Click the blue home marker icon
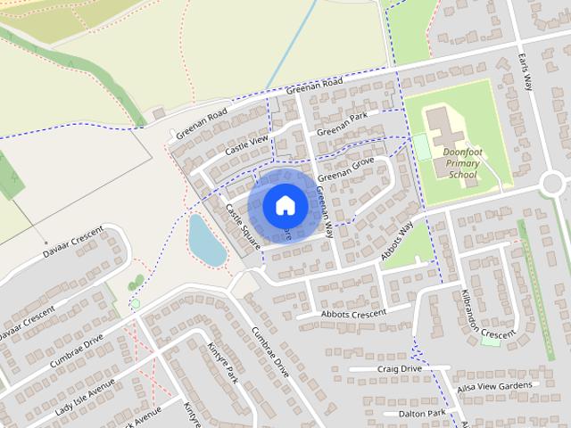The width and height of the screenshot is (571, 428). point(285,206)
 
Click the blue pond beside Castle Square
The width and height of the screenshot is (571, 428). point(207,239)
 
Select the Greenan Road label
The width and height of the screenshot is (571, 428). point(314,86)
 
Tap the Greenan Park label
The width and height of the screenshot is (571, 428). point(342,124)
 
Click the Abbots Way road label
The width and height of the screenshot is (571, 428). point(398,241)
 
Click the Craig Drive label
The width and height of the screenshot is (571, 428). point(399,368)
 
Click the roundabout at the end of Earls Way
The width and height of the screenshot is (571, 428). point(553,183)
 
